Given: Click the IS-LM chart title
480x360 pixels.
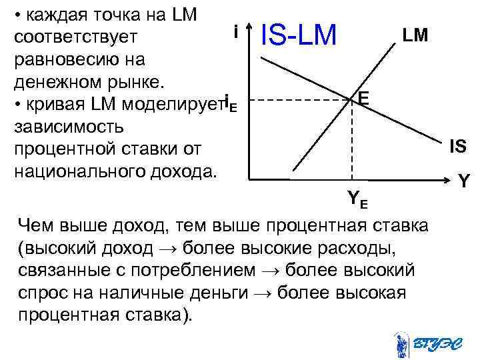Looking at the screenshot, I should [x=299, y=35].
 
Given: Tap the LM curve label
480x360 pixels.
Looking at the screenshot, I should [x=415, y=35].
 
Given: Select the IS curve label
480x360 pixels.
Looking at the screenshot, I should [x=457, y=146].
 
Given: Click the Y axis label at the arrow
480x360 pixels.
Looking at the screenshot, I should [x=465, y=180].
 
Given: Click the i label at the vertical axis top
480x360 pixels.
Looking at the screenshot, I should [x=236, y=31].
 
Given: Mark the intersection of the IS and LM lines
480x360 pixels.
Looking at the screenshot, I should [x=351, y=101].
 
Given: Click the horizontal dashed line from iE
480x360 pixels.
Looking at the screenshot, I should [x=300, y=101].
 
